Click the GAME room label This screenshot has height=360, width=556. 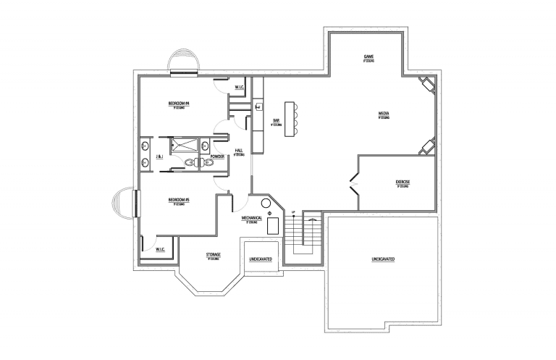point(368,56)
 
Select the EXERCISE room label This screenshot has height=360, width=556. point(403,181)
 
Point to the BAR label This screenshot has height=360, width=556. point(276,120)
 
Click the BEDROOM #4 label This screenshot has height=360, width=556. point(178,104)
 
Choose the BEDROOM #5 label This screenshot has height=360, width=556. point(178,199)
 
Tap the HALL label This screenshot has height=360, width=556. point(239,151)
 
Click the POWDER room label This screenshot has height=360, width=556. point(216,156)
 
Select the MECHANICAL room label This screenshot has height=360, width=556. point(251,217)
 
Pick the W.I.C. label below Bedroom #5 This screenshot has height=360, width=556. point(161,250)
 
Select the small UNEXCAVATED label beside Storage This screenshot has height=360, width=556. point(261,259)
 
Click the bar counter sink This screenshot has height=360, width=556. point(258,106)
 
